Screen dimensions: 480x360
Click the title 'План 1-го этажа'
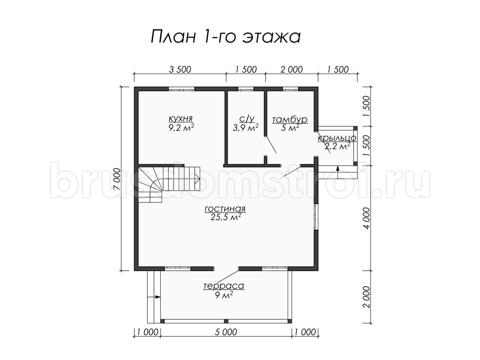coord(226,37)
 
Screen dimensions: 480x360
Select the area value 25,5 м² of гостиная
coord(226,217)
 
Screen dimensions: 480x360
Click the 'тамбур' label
coord(290,119)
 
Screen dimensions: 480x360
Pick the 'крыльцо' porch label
coord(337,138)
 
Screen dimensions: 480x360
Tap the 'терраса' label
coord(224,286)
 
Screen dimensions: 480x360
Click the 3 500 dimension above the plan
coord(180,70)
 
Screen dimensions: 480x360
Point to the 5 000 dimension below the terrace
coord(226,332)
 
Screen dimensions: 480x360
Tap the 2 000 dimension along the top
coord(292,70)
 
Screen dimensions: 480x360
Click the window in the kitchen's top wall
coord(181,89)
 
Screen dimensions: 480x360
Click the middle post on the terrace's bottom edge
coord(226,321)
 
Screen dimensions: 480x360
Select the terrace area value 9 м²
coord(224,296)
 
